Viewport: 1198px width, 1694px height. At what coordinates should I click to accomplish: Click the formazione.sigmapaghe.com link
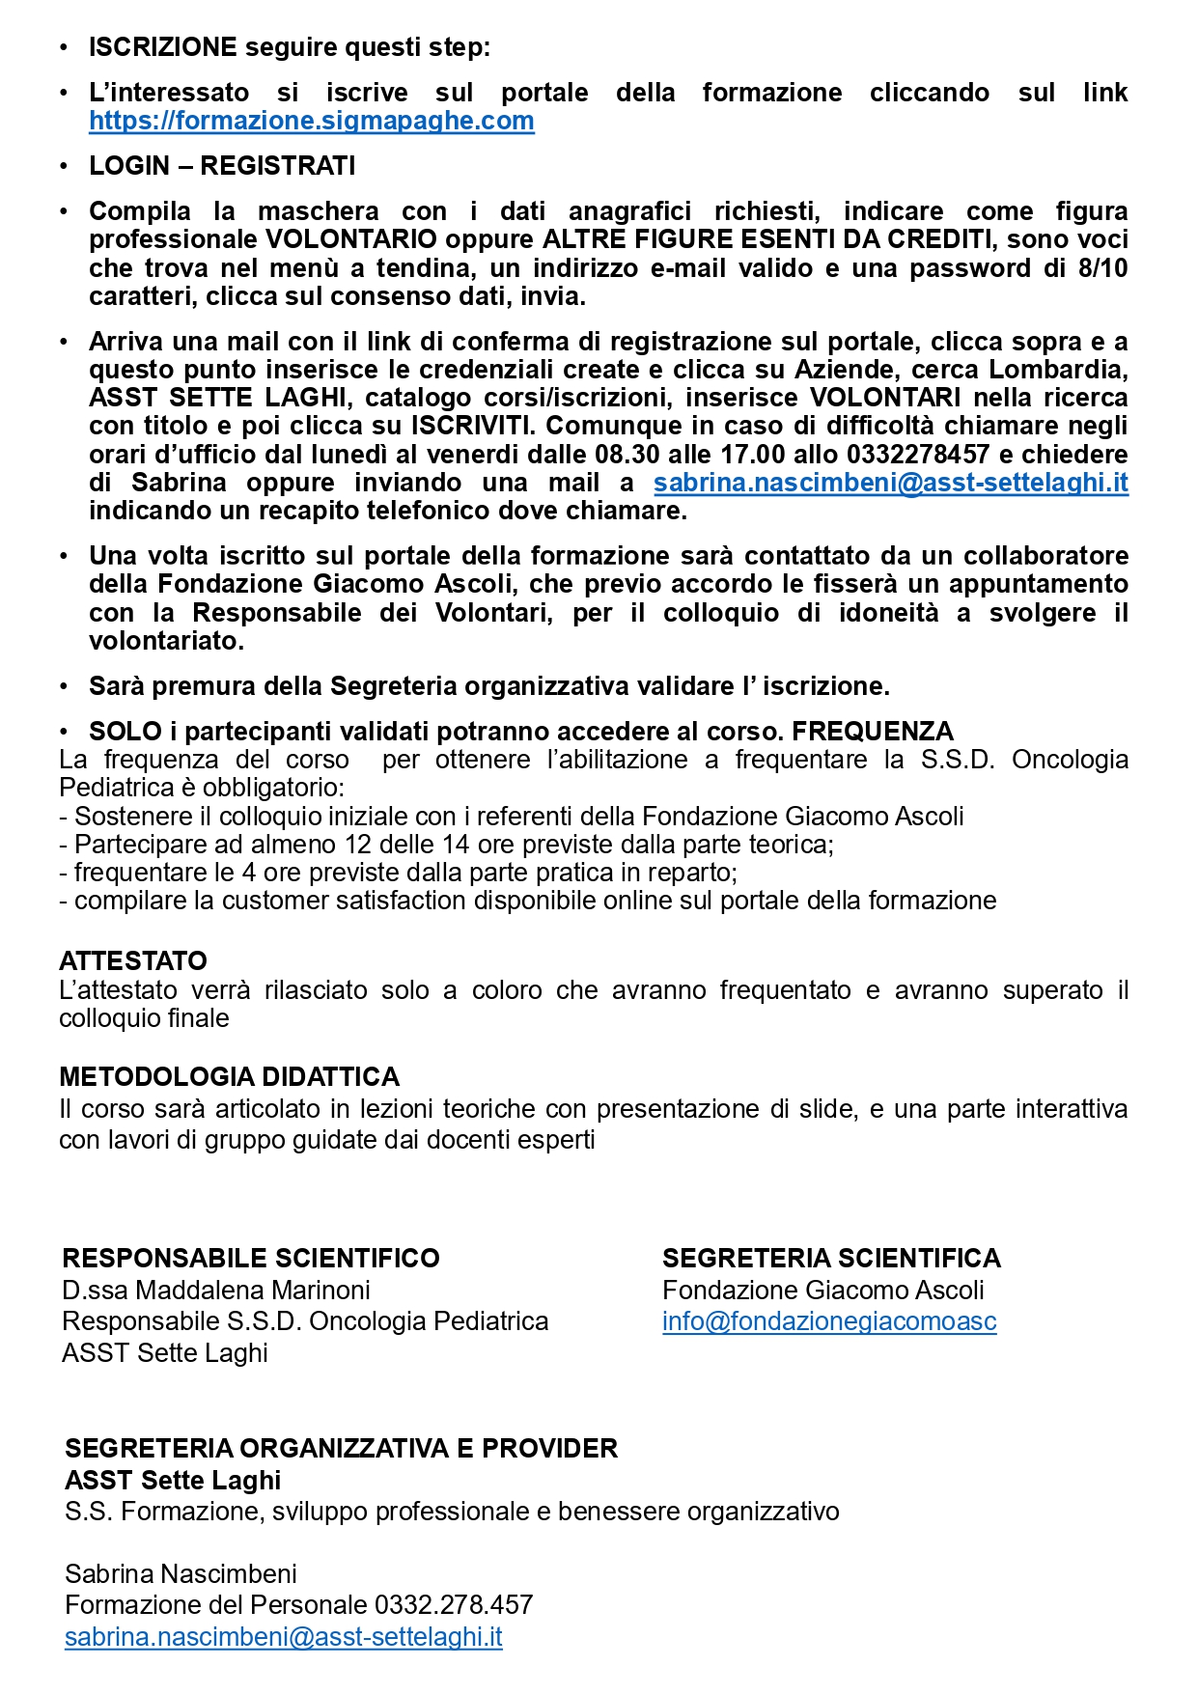[x=311, y=121]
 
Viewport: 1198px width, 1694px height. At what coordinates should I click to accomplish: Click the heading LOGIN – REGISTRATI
[x=222, y=166]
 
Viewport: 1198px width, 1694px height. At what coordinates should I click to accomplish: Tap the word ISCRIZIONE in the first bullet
[x=162, y=47]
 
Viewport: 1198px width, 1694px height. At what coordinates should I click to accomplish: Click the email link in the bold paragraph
[x=890, y=483]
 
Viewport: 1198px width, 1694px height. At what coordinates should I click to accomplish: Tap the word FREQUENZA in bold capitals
[x=873, y=732]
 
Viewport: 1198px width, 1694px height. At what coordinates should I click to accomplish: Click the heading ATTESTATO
[x=133, y=961]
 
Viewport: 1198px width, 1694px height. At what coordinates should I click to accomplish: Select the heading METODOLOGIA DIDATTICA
[x=229, y=1077]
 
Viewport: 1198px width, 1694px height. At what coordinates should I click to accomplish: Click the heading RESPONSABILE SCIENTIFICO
[x=250, y=1259]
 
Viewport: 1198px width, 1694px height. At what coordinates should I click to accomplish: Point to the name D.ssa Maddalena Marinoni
[x=216, y=1291]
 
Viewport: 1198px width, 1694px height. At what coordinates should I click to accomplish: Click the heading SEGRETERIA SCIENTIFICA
[x=831, y=1259]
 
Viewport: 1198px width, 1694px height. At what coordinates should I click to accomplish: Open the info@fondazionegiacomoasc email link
[x=829, y=1321]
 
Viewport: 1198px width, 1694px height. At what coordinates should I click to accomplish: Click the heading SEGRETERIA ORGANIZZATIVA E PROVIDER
[x=341, y=1449]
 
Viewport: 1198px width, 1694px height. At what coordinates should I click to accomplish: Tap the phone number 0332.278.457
[x=454, y=1605]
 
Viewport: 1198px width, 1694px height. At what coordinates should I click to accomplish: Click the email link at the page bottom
[x=284, y=1637]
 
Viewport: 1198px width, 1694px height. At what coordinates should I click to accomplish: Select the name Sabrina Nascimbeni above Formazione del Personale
[x=181, y=1574]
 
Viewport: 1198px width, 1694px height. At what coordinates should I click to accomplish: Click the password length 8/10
[x=1102, y=268]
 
